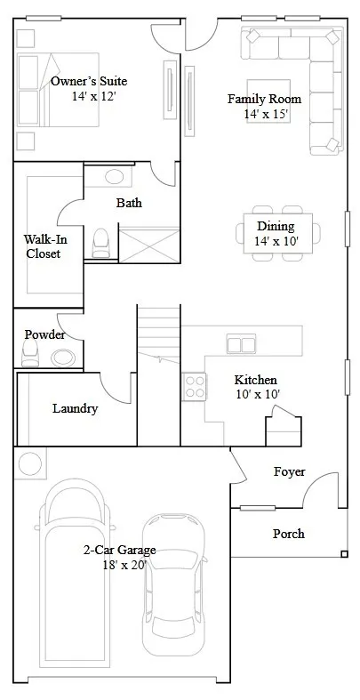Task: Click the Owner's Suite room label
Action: tap(89, 81)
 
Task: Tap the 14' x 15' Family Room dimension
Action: tap(267, 114)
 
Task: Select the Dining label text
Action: tap(276, 226)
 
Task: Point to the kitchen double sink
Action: tap(241, 343)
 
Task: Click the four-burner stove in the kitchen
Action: tap(195, 387)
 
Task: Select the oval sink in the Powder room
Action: tap(63, 358)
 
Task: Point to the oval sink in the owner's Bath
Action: tap(114, 176)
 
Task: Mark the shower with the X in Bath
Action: tap(149, 245)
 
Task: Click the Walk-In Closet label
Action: tap(45, 246)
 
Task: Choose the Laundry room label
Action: tap(75, 408)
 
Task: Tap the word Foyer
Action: tap(290, 472)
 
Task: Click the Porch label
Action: tap(289, 534)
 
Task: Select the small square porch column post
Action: tap(344, 554)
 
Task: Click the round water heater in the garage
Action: tap(30, 463)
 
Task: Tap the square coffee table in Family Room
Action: tap(268, 101)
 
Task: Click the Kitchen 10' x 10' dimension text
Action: tap(258, 395)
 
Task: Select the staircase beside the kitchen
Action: tap(159, 375)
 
